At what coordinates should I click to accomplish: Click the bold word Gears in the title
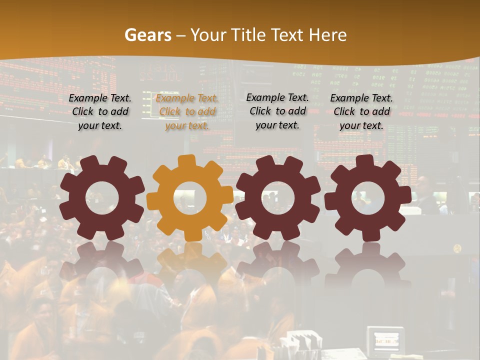pyautogui.click(x=147, y=35)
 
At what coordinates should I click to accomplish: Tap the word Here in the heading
pyautogui.click(x=327, y=35)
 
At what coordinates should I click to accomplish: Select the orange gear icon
pyautogui.click(x=190, y=197)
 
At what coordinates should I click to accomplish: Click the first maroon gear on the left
pyautogui.click(x=102, y=197)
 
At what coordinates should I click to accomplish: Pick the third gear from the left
pyautogui.click(x=277, y=197)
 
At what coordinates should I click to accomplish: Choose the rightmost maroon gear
pyautogui.click(x=367, y=197)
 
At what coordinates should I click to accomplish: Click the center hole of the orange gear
pyautogui.click(x=190, y=197)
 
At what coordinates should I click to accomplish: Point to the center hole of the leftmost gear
pyautogui.click(x=102, y=197)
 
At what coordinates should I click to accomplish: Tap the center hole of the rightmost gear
pyautogui.click(x=367, y=197)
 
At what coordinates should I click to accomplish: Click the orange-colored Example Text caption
pyautogui.click(x=187, y=112)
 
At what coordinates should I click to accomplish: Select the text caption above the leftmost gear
pyautogui.click(x=100, y=112)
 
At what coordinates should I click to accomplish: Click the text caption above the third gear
pyautogui.click(x=277, y=111)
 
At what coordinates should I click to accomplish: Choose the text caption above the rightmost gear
pyautogui.click(x=361, y=112)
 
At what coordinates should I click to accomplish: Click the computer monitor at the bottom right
pyautogui.click(x=385, y=341)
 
